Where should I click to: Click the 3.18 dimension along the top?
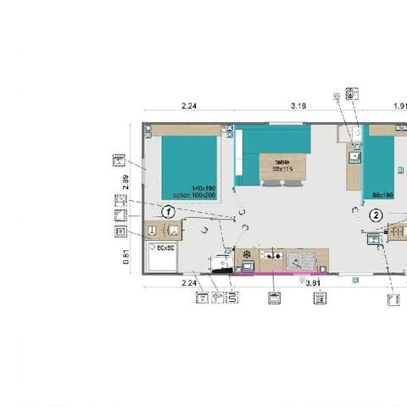click(x=298, y=106)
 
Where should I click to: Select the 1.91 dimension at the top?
click(x=399, y=106)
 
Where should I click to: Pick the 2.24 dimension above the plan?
click(x=190, y=106)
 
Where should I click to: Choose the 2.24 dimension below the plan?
click(x=190, y=283)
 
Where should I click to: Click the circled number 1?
click(x=169, y=211)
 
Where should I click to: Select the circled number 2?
click(x=376, y=215)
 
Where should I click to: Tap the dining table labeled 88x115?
click(x=282, y=166)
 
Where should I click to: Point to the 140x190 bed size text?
click(x=204, y=188)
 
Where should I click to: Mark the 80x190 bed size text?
click(x=382, y=194)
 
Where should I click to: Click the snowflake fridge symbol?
click(x=247, y=255)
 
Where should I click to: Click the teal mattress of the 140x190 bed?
click(x=189, y=165)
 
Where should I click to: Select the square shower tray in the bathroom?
click(x=161, y=258)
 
